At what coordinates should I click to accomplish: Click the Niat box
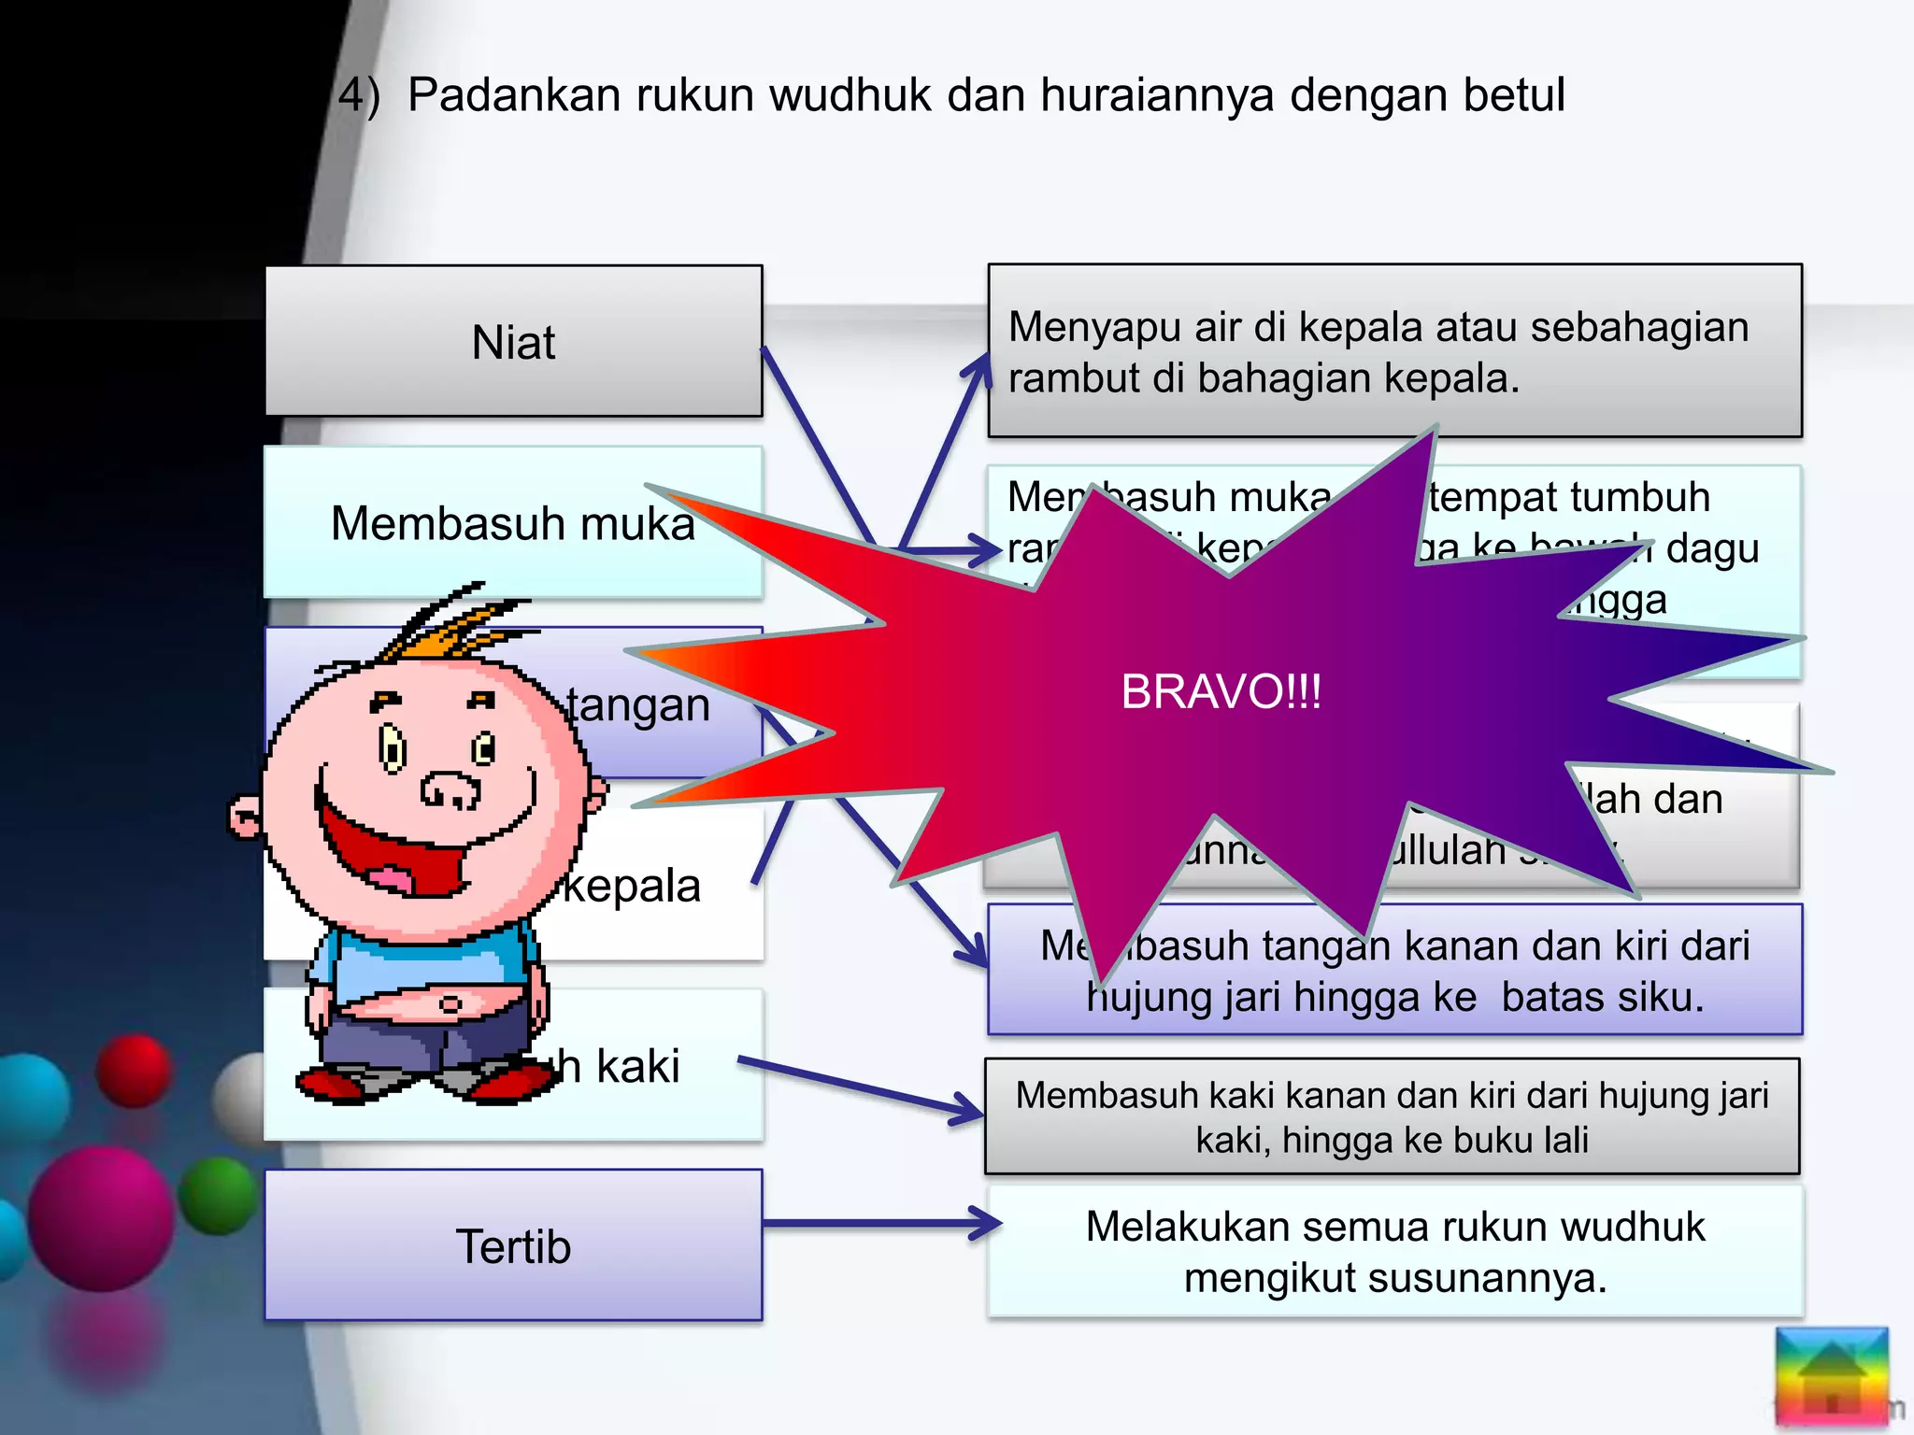pos(513,342)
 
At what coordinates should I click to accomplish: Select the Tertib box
pos(513,1245)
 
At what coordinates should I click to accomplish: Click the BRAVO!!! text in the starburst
pos(1221,692)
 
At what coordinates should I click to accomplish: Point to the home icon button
pos(1831,1375)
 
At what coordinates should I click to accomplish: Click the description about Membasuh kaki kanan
pos(1392,1117)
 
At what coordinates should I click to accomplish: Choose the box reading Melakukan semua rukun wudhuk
pos(1394,1252)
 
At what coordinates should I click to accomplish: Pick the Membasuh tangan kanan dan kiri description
pos(1394,972)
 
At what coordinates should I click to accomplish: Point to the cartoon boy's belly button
pos(450,1004)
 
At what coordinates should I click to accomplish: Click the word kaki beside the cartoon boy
pos(637,1066)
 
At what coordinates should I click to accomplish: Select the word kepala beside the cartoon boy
pos(632,886)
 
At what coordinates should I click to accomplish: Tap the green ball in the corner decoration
pos(218,1196)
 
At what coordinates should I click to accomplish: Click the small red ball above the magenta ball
pos(135,1071)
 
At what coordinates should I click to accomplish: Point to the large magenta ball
pos(100,1218)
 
